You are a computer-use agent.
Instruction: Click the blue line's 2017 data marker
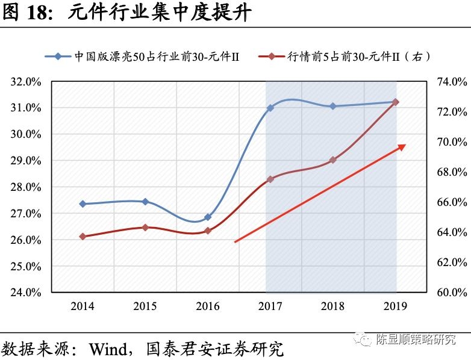click(270, 108)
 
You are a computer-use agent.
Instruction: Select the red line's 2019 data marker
click(396, 102)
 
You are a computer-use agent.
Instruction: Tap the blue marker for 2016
click(208, 217)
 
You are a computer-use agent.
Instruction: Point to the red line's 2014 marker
click(83, 237)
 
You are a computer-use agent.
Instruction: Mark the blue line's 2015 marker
click(145, 202)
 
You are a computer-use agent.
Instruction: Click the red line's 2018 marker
click(333, 160)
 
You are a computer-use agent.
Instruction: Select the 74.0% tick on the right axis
click(451, 82)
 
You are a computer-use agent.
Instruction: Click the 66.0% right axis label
click(451, 202)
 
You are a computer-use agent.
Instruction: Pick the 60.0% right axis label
click(451, 293)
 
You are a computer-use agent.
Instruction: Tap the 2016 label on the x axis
click(208, 306)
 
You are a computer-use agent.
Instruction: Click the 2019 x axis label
click(396, 306)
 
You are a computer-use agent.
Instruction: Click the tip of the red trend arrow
click(405, 145)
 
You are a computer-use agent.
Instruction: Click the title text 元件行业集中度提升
click(159, 13)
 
